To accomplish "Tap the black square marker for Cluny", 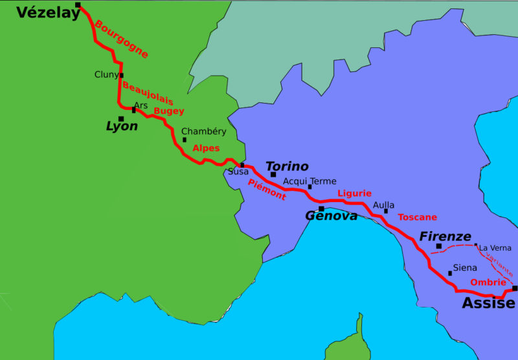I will pos(121,75).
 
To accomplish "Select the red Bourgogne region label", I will pos(121,39).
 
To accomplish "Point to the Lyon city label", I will pos(122,126).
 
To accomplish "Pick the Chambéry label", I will pos(203,131).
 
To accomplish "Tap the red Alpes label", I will pos(206,148).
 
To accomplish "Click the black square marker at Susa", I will pos(242,164).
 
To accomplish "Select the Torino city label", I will pos(287,166).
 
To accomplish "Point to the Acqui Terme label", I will pos(310,181).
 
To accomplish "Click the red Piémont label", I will pos(266,189).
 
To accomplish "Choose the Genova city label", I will pos(331,216).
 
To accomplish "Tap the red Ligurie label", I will pos(354,194).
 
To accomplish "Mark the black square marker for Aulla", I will pos(386,211).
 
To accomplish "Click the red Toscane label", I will pos(417,217).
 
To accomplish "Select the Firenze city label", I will pos(445,237).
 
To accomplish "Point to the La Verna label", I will pos(495,248).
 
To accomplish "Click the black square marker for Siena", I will pos(450,273).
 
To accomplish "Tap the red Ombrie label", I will pos(488,282).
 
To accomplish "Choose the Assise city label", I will pos(488,303).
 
